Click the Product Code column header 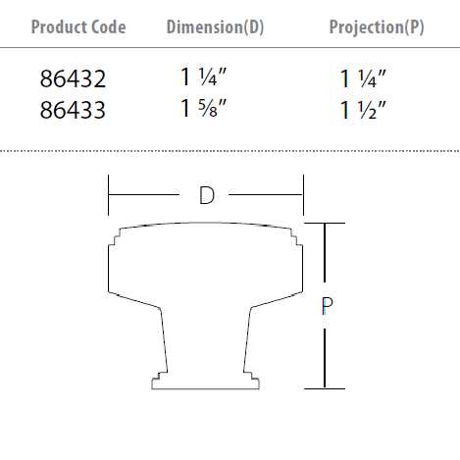[78, 26]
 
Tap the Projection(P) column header [378, 26]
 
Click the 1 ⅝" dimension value [204, 110]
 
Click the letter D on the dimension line [206, 195]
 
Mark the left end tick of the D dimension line [108, 195]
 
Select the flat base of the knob [205, 384]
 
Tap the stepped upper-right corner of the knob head [295, 235]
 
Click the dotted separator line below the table [230, 151]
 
